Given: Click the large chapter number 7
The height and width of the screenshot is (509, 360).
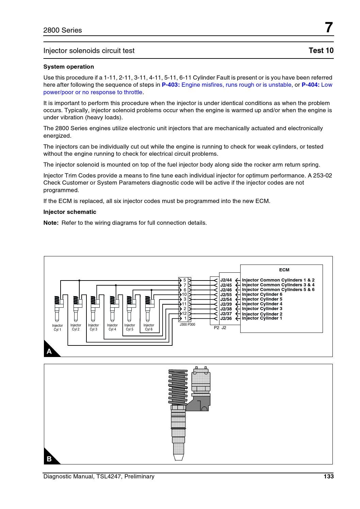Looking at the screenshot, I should [x=328, y=28].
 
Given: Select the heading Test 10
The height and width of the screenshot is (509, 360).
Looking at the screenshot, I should [x=321, y=51].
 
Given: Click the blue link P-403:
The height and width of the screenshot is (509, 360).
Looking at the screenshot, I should [x=170, y=85].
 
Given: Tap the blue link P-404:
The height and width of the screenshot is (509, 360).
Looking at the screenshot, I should [x=310, y=85].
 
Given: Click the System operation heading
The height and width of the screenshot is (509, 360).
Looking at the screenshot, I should [x=68, y=67].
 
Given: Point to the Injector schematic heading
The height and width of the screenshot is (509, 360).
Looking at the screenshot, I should [x=70, y=212].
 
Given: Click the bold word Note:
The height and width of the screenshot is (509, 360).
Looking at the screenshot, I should [x=51, y=223].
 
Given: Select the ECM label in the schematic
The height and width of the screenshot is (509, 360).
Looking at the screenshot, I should [x=284, y=270].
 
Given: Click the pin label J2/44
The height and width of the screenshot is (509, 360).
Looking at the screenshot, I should [x=226, y=280].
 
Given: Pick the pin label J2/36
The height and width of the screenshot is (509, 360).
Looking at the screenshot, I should [x=226, y=319].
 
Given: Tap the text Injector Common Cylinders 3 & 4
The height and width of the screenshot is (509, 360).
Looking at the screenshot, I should [x=278, y=285].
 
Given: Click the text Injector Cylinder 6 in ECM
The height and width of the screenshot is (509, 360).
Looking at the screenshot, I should [x=262, y=294].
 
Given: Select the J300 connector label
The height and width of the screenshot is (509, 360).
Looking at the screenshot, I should [x=183, y=325].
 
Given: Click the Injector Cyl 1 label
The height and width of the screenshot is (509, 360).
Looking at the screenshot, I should [x=58, y=327].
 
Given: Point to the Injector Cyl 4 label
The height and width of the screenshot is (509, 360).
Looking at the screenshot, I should [x=112, y=327].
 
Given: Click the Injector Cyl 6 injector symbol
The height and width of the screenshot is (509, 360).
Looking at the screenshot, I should [x=148, y=308].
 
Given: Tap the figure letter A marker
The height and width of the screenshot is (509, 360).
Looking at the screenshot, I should [x=49, y=351].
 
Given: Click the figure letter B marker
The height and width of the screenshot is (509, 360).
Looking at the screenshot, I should [x=49, y=459].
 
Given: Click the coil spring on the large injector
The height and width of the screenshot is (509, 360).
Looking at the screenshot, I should [x=178, y=386].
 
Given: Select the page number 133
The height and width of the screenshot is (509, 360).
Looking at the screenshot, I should [x=328, y=476].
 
